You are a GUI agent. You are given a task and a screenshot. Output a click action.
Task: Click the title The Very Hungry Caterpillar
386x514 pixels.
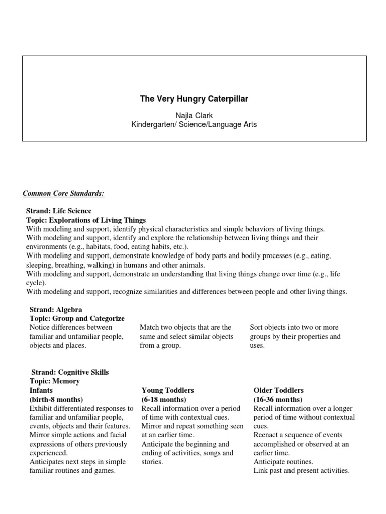pos(194,99)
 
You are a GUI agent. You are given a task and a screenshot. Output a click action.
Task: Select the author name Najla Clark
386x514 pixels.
pos(194,116)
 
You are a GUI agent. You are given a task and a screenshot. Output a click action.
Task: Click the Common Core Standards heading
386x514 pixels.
pos(63,193)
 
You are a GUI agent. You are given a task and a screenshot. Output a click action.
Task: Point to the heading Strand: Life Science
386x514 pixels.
pos(59,211)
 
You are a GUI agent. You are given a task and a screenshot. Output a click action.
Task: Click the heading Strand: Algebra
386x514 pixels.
pos(54,310)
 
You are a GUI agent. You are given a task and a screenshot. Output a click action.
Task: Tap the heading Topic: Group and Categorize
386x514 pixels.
pos(75,318)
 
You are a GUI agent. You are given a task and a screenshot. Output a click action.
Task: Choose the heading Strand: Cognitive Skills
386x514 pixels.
pos(70,372)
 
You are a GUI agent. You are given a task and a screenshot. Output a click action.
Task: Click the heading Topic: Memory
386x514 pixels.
pos(53,381)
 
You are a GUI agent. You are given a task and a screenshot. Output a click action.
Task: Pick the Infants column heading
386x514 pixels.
pos(41,390)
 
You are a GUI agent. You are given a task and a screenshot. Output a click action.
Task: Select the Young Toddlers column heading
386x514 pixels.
pos(168,390)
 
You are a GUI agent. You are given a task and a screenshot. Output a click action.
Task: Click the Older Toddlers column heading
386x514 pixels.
pos(278,390)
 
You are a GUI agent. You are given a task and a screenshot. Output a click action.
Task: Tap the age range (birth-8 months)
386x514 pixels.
pos(53,399)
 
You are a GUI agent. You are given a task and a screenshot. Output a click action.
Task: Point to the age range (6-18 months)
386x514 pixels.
pos(164,399)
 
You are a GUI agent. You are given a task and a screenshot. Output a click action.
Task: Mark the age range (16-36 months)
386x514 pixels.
pos(278,399)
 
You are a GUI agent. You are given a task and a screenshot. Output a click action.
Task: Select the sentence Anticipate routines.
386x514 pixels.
pos(283,462)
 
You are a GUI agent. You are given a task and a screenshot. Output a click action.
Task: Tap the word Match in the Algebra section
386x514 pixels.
pos(149,327)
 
